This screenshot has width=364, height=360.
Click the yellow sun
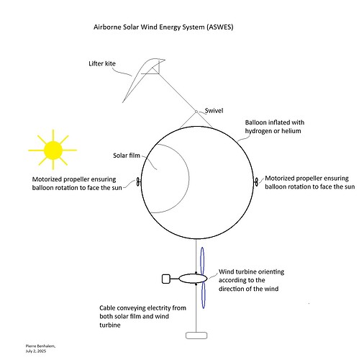click(x=52, y=149)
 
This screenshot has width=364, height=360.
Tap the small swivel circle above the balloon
click(x=195, y=111)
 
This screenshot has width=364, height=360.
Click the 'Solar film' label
click(x=127, y=155)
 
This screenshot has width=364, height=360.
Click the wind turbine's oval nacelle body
click(x=193, y=278)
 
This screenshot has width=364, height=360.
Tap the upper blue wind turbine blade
click(x=203, y=260)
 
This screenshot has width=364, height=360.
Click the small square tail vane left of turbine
click(x=165, y=278)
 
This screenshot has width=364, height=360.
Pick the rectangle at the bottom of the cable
click(x=196, y=335)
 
